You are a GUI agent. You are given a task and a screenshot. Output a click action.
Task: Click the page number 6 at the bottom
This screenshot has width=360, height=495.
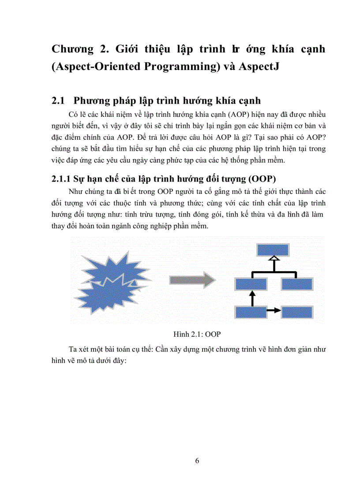[197, 461]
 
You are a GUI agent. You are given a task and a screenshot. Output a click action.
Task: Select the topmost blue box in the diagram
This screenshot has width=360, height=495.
[274, 250]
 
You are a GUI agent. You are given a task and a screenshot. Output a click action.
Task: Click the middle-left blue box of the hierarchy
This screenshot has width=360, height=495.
[251, 283]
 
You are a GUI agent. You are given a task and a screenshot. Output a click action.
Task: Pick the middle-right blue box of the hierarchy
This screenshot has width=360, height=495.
[296, 283]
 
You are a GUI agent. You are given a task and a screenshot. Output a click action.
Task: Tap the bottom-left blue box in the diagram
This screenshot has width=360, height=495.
[251, 312]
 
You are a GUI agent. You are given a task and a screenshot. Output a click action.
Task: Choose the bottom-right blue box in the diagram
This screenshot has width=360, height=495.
[296, 312]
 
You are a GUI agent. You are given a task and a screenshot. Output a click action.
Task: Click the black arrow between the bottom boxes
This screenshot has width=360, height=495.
[274, 310]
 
